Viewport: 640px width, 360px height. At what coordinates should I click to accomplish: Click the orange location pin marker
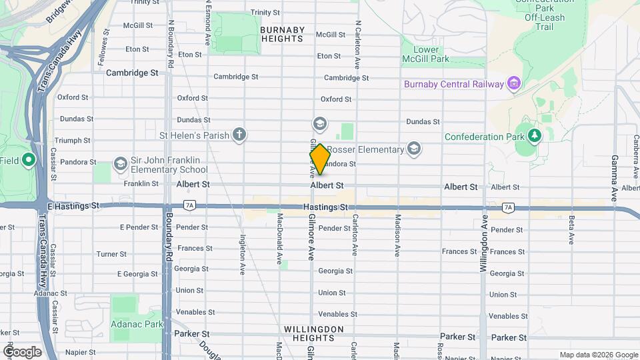point(320,159)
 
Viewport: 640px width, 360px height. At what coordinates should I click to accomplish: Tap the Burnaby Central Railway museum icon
point(513,83)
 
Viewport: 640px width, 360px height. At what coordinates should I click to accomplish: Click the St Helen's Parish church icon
point(239,135)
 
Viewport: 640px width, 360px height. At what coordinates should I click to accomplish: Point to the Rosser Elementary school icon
point(414,149)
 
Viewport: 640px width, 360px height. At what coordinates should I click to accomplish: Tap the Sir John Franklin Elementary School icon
point(120,163)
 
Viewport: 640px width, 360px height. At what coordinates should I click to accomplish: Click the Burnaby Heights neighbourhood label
point(283,34)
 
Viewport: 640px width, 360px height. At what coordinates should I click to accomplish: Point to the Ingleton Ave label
point(243,255)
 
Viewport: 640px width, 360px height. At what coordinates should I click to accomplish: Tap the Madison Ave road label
point(397,237)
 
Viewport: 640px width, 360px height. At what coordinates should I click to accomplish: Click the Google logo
point(23,351)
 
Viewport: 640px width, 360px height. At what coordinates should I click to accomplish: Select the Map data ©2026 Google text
point(598,355)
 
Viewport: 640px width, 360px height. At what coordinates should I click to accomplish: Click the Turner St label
point(111,254)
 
